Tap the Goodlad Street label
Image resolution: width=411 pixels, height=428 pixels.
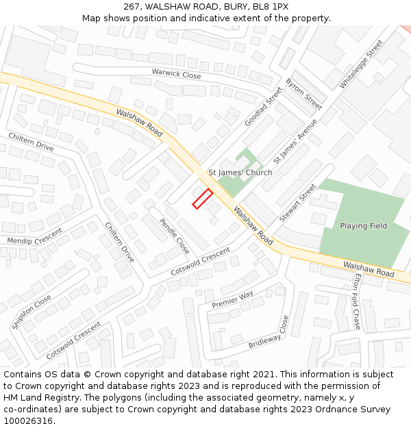[x=264, y=105]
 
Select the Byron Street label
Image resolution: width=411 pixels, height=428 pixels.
[x=303, y=94]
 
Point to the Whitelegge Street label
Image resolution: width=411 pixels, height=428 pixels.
[x=361, y=64]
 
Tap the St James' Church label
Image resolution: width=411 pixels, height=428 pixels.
[x=240, y=173]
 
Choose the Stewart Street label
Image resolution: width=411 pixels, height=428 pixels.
[x=298, y=202]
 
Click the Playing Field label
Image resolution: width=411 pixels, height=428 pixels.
[x=363, y=226]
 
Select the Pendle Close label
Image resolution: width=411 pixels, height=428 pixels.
[x=174, y=236]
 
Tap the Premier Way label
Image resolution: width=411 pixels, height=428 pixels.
[x=232, y=299]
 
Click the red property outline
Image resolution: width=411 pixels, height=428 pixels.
[x=201, y=199]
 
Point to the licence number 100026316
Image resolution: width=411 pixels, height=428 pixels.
[x=29, y=421]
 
